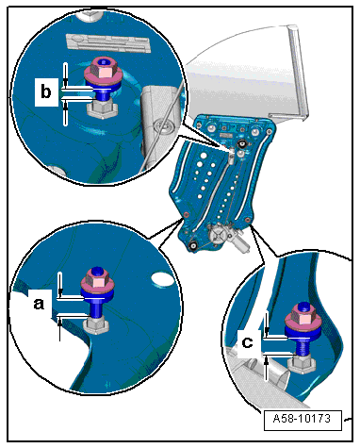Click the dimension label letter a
[x=39, y=304]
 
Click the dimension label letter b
[x=46, y=91]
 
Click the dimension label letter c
[x=247, y=342]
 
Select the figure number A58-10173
[x=302, y=419]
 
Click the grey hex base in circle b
[x=102, y=109]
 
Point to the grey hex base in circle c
[x=302, y=365]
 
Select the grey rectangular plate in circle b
[x=107, y=42]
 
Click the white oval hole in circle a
[x=162, y=278]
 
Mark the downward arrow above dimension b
[x=65, y=75]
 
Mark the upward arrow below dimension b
[x=65, y=114]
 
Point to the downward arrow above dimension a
[x=60, y=284]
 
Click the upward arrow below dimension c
[x=267, y=369]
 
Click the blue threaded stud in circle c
[x=302, y=348]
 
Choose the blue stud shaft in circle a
[x=97, y=308]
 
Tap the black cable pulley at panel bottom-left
[x=192, y=245]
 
